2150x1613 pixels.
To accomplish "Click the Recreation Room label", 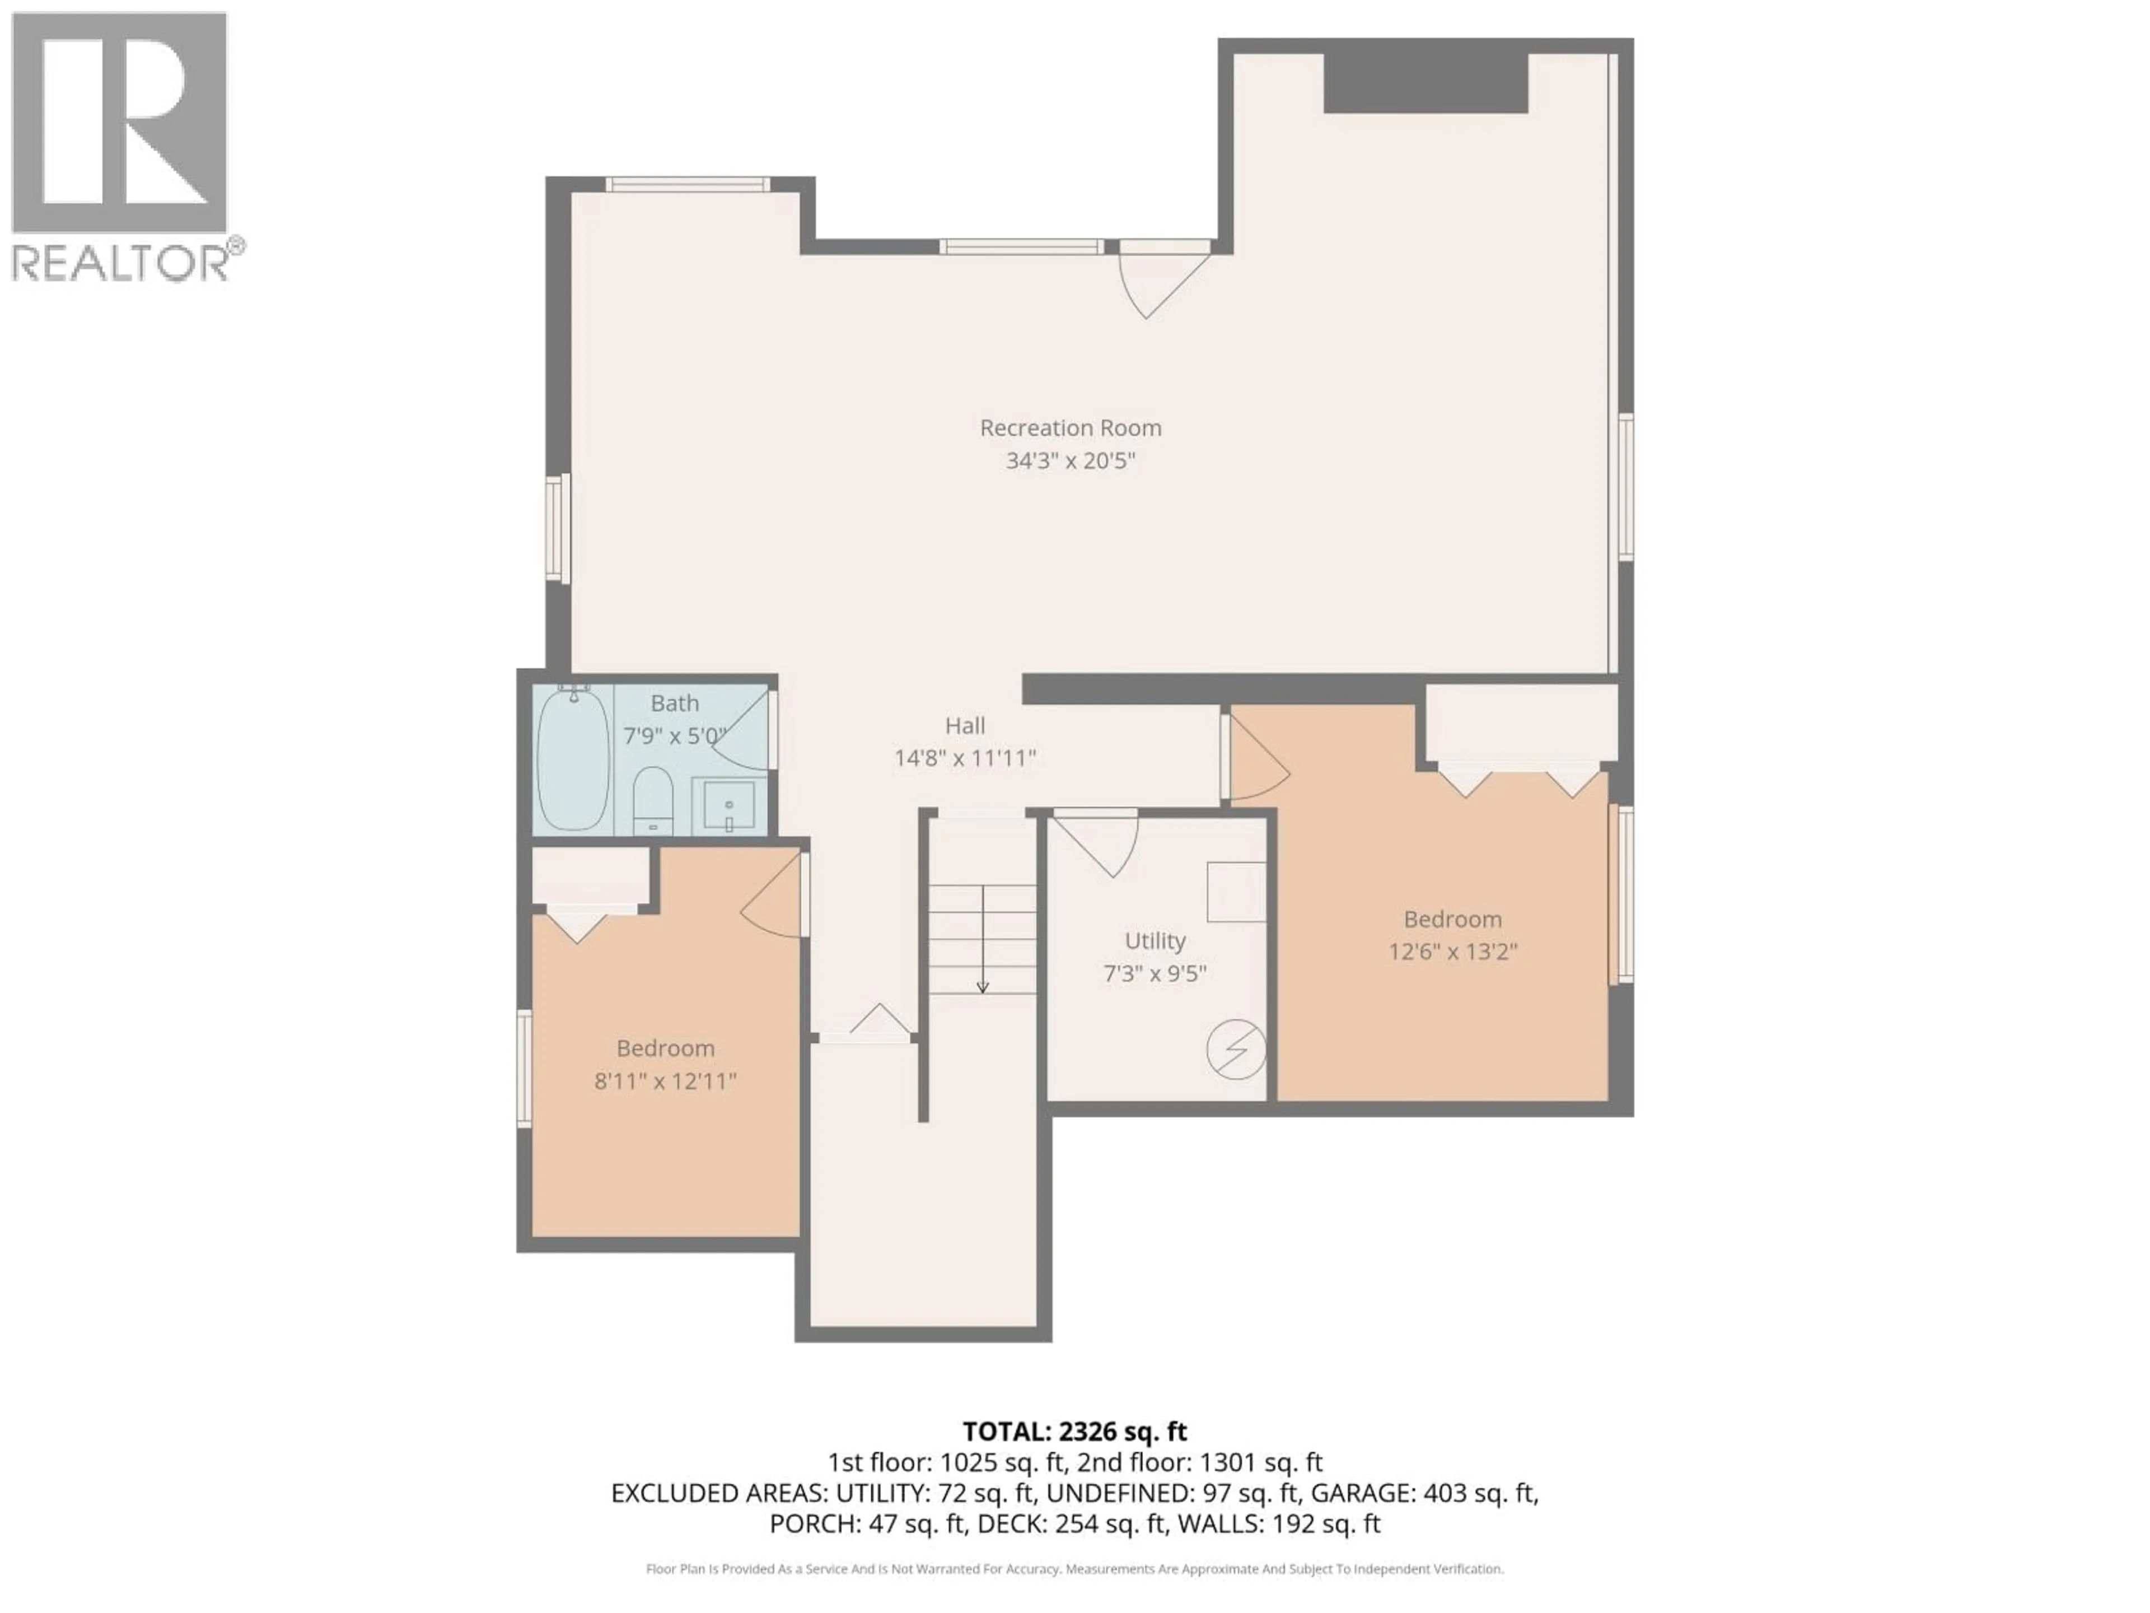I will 1070,428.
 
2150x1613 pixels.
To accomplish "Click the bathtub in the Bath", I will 573,758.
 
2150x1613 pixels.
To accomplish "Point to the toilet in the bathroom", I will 652,799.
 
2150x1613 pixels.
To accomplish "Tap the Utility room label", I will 1155,940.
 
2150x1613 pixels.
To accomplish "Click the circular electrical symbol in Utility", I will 1235,1049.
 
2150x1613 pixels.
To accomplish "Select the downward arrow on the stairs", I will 983,984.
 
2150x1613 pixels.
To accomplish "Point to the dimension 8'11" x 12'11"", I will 665,1080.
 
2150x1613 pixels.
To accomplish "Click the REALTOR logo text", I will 121,263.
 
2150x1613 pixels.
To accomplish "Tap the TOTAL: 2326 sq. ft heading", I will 1074,1431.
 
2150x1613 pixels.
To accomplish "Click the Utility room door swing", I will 1103,844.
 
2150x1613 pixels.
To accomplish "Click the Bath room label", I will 675,703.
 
